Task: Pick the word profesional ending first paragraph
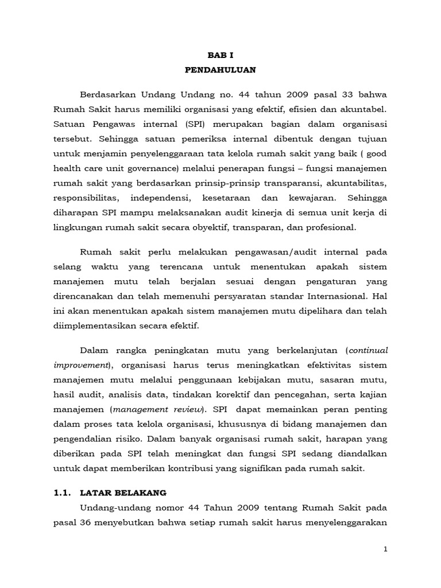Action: click(x=330, y=227)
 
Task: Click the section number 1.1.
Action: click(x=63, y=493)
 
